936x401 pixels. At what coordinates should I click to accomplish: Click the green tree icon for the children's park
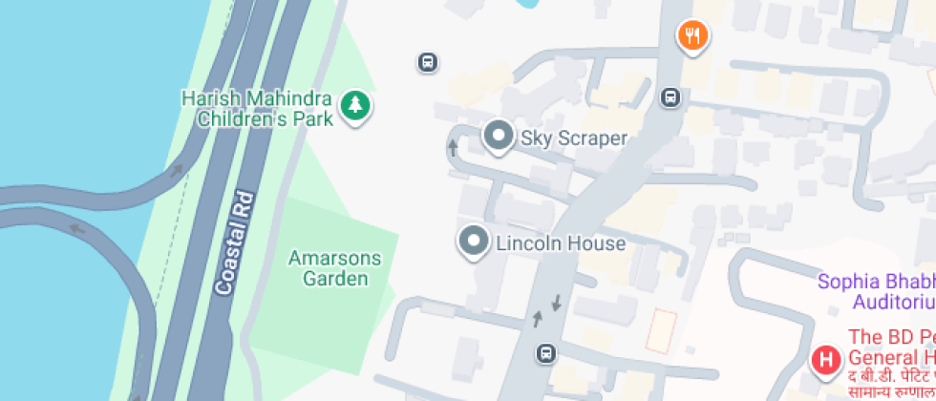(356, 106)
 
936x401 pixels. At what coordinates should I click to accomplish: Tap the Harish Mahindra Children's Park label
(258, 109)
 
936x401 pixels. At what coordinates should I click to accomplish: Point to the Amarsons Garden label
(335, 268)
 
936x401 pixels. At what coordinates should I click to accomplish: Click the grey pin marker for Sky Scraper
(498, 137)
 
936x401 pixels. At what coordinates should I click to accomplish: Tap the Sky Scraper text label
(573, 138)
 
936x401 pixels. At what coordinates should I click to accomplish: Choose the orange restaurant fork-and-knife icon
(692, 36)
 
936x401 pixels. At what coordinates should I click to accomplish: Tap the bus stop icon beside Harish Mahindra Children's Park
(427, 63)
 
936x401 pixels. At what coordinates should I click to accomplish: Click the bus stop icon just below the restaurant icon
(671, 97)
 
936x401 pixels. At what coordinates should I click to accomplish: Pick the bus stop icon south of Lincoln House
(544, 353)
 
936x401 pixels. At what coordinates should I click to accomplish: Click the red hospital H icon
(824, 360)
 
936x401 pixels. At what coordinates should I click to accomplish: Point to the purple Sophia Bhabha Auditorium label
(877, 291)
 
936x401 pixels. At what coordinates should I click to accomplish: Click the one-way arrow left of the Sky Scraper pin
(454, 147)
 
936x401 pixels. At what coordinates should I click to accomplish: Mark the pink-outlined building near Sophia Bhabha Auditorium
(662, 330)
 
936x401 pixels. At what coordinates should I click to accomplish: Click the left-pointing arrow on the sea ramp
(75, 228)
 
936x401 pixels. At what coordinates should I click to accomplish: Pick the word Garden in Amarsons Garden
(335, 279)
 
